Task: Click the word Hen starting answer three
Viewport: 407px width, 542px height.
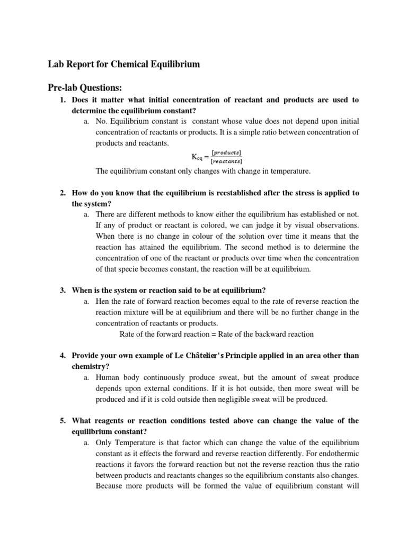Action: click(x=103, y=302)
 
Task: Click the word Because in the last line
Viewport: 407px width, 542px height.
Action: click(x=110, y=485)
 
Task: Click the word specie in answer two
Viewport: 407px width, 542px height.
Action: click(x=121, y=269)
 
